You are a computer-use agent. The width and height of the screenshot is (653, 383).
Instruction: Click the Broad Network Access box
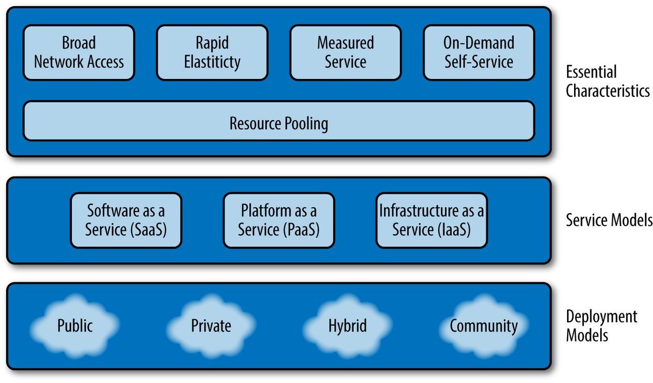point(79,52)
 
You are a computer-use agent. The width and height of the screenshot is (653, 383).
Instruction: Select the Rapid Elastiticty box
point(212,52)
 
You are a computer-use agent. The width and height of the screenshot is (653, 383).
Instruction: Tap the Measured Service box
point(346,52)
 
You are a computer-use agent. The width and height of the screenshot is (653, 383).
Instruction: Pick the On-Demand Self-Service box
point(479,52)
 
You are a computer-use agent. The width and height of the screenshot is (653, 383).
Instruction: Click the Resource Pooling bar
point(279,121)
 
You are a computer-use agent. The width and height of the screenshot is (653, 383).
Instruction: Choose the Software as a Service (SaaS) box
point(126,220)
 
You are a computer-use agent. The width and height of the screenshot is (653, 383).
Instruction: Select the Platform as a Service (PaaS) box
point(279,220)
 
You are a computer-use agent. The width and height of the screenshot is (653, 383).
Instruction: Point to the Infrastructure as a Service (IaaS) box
point(432,220)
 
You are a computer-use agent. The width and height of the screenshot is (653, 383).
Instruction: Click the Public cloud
point(75,326)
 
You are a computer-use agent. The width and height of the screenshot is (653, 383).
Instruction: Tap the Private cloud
point(211,326)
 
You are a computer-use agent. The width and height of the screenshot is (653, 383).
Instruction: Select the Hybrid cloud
point(348,326)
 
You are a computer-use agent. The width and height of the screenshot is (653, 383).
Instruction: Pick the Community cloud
point(484,326)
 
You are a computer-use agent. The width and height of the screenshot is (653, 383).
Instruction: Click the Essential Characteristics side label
point(607,81)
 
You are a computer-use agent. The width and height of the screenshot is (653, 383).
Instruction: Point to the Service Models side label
point(609,220)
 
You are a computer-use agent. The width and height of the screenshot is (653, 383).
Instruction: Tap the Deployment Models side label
point(601,325)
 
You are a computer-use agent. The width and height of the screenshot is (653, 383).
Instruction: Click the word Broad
point(79,43)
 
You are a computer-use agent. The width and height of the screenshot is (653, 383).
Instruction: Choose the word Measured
point(346,43)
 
